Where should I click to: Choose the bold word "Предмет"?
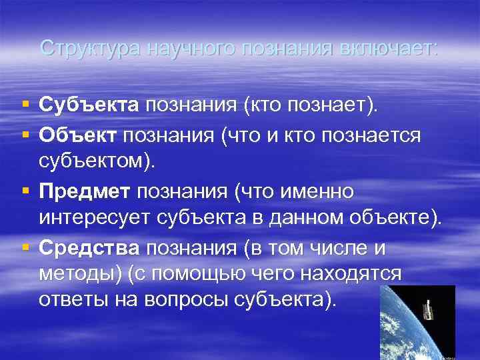(x=85, y=192)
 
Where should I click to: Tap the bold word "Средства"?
(x=89, y=249)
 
